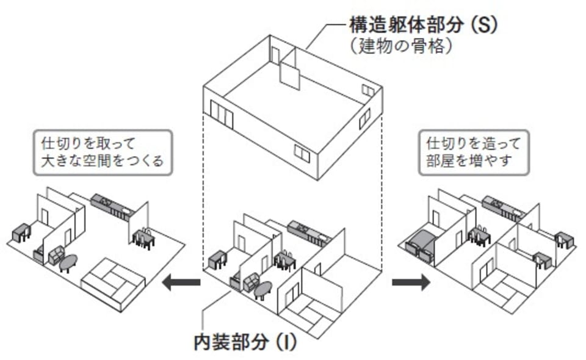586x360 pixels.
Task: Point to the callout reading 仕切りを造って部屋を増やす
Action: coord(474,153)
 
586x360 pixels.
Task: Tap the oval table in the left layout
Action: coord(67,263)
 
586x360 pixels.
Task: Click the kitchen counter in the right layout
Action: coord(506,207)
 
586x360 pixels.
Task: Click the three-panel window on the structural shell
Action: coord(222,115)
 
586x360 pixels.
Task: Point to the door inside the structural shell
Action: coord(275,57)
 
